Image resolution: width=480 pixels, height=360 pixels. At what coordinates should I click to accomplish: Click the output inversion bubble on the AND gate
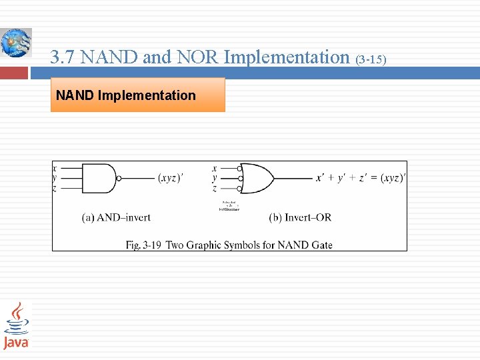[119, 179]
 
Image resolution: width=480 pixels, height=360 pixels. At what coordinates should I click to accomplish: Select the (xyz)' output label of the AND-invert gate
[171, 179]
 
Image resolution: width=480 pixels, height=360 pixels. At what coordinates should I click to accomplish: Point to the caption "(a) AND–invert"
[116, 217]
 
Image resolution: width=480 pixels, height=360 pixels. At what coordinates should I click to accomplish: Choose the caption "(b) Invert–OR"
[300, 217]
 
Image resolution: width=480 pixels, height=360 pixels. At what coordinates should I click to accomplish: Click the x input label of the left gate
[54, 168]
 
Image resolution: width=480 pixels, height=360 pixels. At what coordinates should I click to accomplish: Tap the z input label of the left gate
[54, 189]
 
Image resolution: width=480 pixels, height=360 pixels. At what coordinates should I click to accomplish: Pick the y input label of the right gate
[214, 178]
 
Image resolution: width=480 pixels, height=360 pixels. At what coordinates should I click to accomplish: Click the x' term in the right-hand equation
[321, 178]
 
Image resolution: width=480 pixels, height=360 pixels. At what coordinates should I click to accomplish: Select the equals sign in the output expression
[375, 178]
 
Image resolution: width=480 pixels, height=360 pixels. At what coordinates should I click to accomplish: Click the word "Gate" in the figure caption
[320, 245]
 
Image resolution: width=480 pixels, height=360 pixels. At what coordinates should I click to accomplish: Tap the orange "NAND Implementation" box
[138, 95]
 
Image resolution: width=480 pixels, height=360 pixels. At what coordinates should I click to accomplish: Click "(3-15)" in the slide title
[371, 60]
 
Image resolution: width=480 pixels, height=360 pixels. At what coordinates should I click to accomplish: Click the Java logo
[16, 325]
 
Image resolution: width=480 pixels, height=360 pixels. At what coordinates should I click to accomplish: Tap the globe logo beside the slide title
[15, 43]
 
